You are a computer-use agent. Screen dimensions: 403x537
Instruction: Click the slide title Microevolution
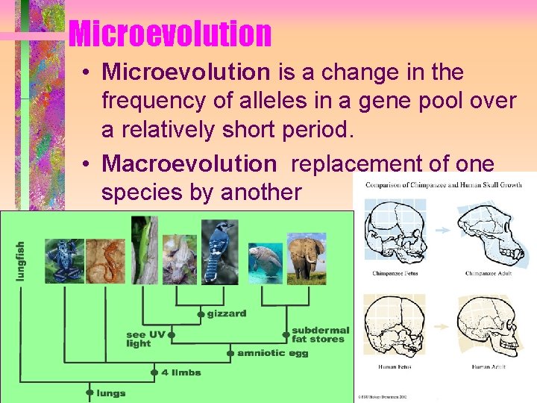coord(169,34)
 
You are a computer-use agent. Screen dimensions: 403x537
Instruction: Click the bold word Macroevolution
coord(189,163)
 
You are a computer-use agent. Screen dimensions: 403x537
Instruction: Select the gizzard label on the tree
coord(226,313)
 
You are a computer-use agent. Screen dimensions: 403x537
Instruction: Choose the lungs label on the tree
coord(111,393)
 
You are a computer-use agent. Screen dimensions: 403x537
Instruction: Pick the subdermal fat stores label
coord(320,334)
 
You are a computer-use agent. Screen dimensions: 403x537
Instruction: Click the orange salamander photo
coord(105,259)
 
